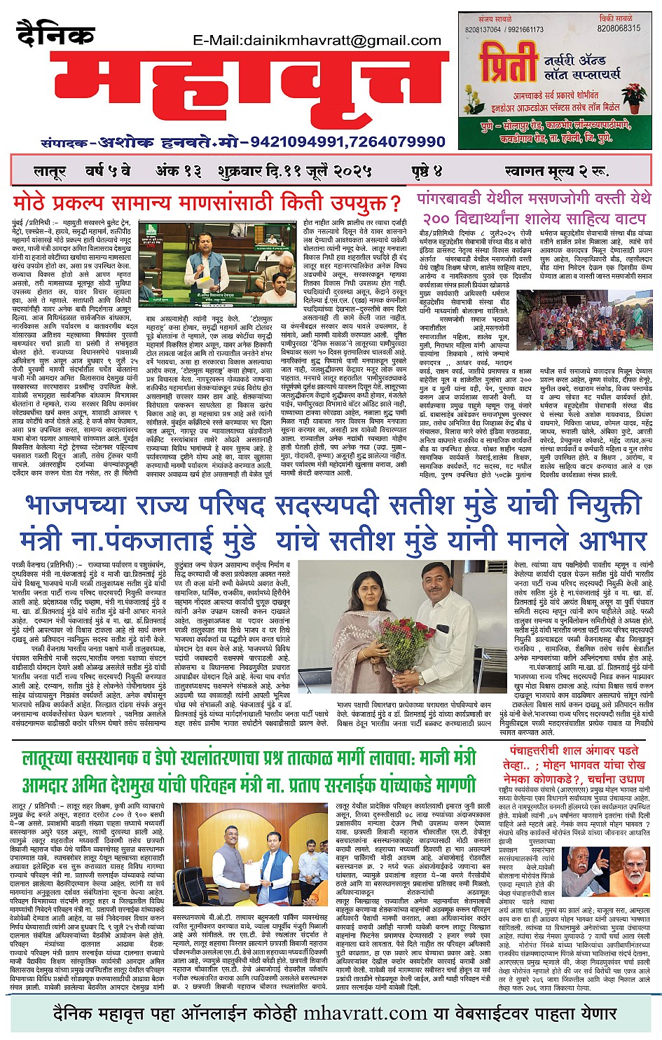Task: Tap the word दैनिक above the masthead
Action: click(55, 35)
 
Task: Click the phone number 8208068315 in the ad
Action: click(619, 29)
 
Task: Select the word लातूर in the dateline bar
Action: click(50, 171)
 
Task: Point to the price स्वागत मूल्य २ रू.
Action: click(558, 171)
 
